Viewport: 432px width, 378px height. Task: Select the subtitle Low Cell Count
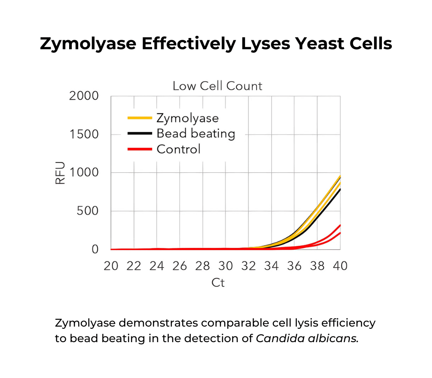pyautogui.click(x=217, y=86)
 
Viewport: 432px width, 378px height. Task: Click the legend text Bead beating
pyautogui.click(x=196, y=133)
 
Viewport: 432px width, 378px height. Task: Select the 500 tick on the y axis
pyautogui.click(x=88, y=211)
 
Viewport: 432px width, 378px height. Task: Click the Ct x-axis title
pyautogui.click(x=218, y=283)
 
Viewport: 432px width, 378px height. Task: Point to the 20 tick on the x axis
pyautogui.click(x=111, y=266)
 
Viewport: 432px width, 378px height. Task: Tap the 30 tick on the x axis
pyautogui.click(x=226, y=266)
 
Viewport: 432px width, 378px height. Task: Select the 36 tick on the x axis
pyautogui.click(x=295, y=266)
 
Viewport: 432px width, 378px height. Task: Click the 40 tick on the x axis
pyautogui.click(x=340, y=266)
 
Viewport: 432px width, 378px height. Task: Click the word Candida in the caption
pyautogui.click(x=276, y=338)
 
